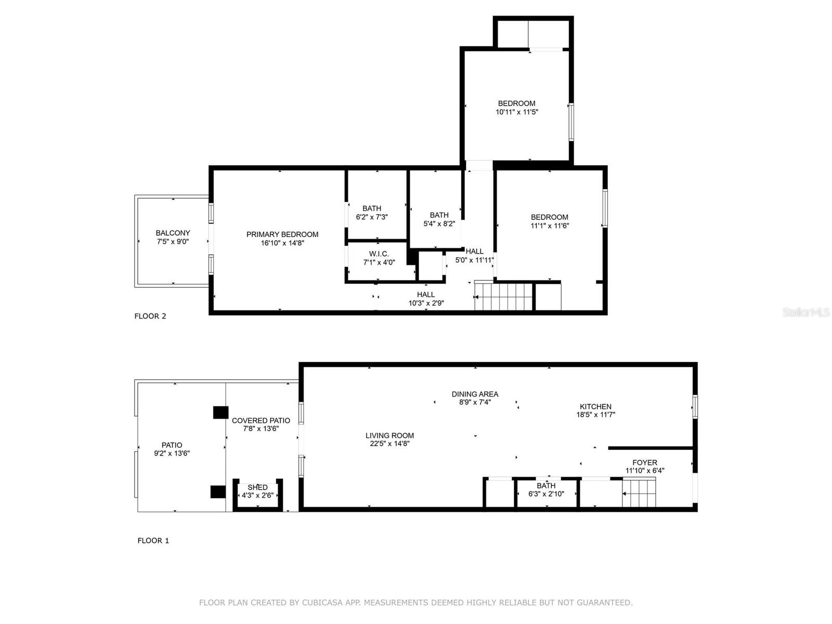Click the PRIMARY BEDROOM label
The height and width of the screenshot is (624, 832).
click(x=282, y=235)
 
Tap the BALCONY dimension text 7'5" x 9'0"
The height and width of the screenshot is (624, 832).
click(x=173, y=242)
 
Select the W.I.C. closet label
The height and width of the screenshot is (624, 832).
click(x=379, y=254)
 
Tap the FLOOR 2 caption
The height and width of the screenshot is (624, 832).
click(x=150, y=316)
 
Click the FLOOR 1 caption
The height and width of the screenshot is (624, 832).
click(x=153, y=541)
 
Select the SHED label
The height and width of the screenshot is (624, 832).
click(x=257, y=487)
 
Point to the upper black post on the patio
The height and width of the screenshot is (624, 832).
click(x=220, y=412)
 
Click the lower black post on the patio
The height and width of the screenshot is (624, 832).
click(x=217, y=492)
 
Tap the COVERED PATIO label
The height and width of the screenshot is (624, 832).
click(x=261, y=421)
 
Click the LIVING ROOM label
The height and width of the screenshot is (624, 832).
click(x=389, y=436)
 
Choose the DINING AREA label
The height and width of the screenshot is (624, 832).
click(x=475, y=394)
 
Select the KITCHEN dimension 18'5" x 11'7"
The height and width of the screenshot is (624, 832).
click(x=596, y=415)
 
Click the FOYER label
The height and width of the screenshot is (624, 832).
click(x=645, y=462)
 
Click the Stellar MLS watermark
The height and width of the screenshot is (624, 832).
click(x=806, y=313)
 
